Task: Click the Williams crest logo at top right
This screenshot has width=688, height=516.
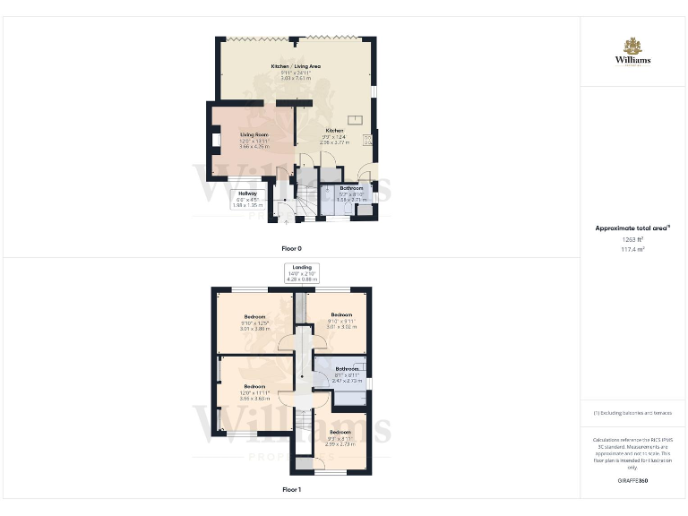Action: pos(632,46)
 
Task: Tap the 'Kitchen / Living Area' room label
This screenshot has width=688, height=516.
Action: pos(296,67)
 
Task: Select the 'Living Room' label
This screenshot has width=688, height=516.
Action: pos(254,134)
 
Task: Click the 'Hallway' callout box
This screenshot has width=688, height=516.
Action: pos(247,199)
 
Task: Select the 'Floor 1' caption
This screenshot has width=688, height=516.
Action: pos(292,490)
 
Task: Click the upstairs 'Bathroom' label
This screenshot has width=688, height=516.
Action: pos(347,369)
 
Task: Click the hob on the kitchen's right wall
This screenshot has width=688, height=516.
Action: pos(368,140)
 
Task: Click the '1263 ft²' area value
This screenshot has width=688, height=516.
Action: pos(632,239)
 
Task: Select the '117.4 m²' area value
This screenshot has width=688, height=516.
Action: pos(632,250)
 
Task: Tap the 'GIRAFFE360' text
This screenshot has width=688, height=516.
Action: pos(632,481)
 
